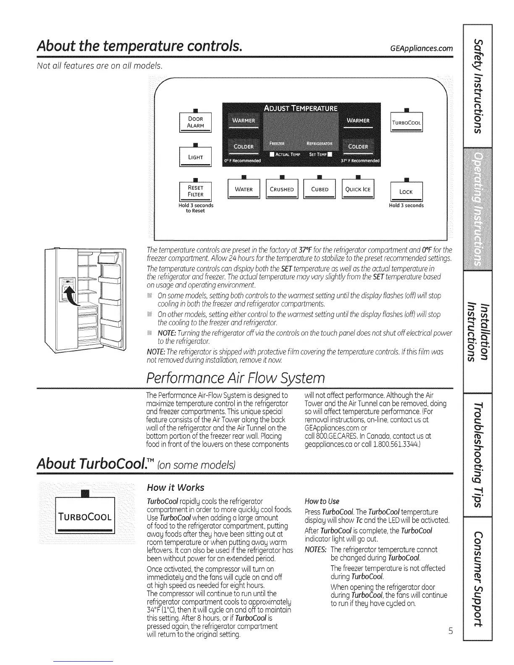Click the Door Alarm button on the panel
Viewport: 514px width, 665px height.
tap(196, 122)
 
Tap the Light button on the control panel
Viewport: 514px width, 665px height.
tap(196, 157)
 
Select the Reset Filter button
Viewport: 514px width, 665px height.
tap(196, 191)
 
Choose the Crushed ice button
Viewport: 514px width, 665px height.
tap(281, 189)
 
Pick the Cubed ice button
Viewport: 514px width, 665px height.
tap(320, 189)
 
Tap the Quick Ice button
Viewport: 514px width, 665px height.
tap(358, 189)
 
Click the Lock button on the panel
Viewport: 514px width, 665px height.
tap(406, 192)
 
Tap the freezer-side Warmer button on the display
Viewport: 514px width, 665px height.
tap(244, 121)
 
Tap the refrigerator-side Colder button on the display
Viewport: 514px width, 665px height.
tap(358, 147)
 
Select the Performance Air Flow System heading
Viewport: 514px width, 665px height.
tap(235, 377)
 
